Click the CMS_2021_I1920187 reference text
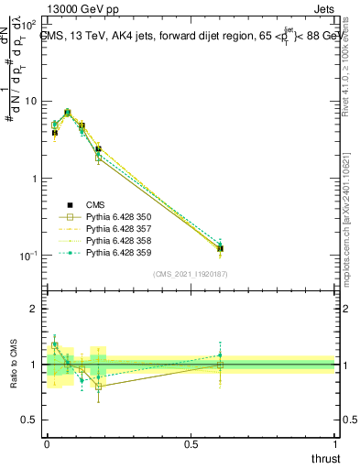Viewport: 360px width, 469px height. (191, 274)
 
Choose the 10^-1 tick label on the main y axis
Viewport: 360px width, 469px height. (27, 256)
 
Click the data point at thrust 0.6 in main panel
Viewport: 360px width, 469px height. (220, 248)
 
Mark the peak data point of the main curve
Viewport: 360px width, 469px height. (68, 112)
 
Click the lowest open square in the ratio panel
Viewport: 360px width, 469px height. (98, 387)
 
